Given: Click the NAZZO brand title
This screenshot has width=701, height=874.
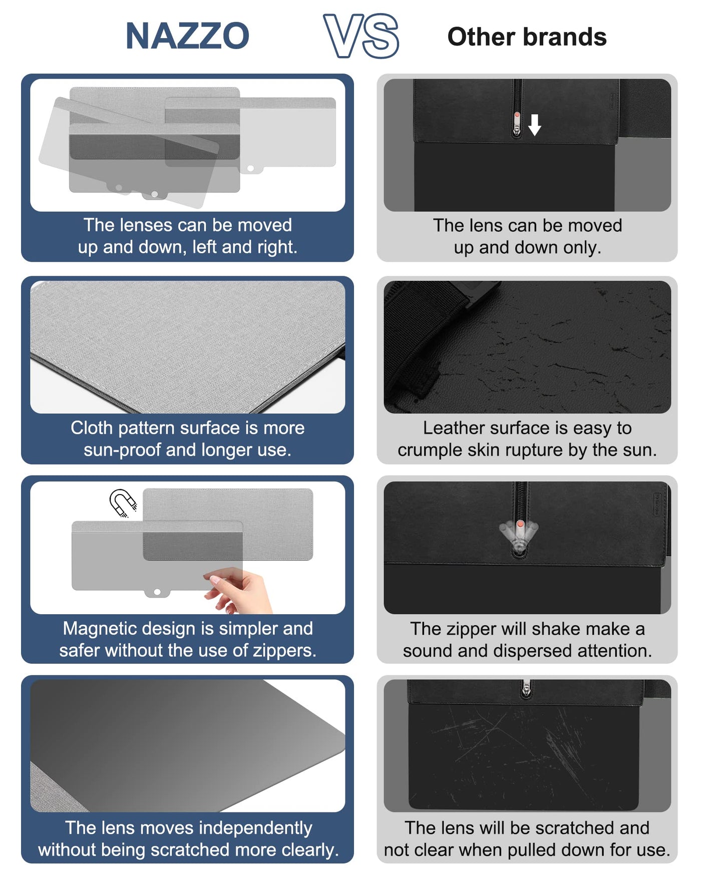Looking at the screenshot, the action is pos(187,36).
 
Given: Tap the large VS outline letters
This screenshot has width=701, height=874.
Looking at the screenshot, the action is pos(361,36).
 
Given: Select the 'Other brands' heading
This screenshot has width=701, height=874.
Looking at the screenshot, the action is pos(527,37).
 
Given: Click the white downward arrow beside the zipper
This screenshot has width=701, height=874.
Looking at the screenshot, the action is pos(535,125).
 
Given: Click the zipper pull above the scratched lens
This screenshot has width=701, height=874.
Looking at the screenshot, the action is pos(525,689).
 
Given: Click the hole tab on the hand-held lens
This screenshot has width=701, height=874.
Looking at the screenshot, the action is pos(157,593).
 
